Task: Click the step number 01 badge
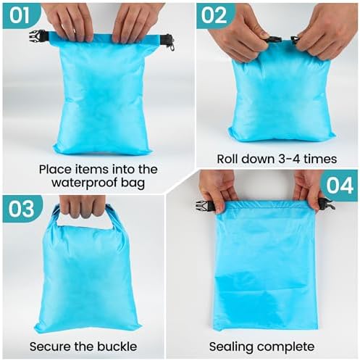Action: [x=21, y=16]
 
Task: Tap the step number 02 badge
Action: [x=215, y=16]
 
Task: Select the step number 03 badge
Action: [x=22, y=209]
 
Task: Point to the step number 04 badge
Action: [x=340, y=186]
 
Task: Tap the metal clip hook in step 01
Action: [x=172, y=46]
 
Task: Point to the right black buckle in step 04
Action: [x=327, y=204]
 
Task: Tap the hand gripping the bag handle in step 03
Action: [x=82, y=207]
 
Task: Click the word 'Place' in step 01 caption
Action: [x=53, y=170]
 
